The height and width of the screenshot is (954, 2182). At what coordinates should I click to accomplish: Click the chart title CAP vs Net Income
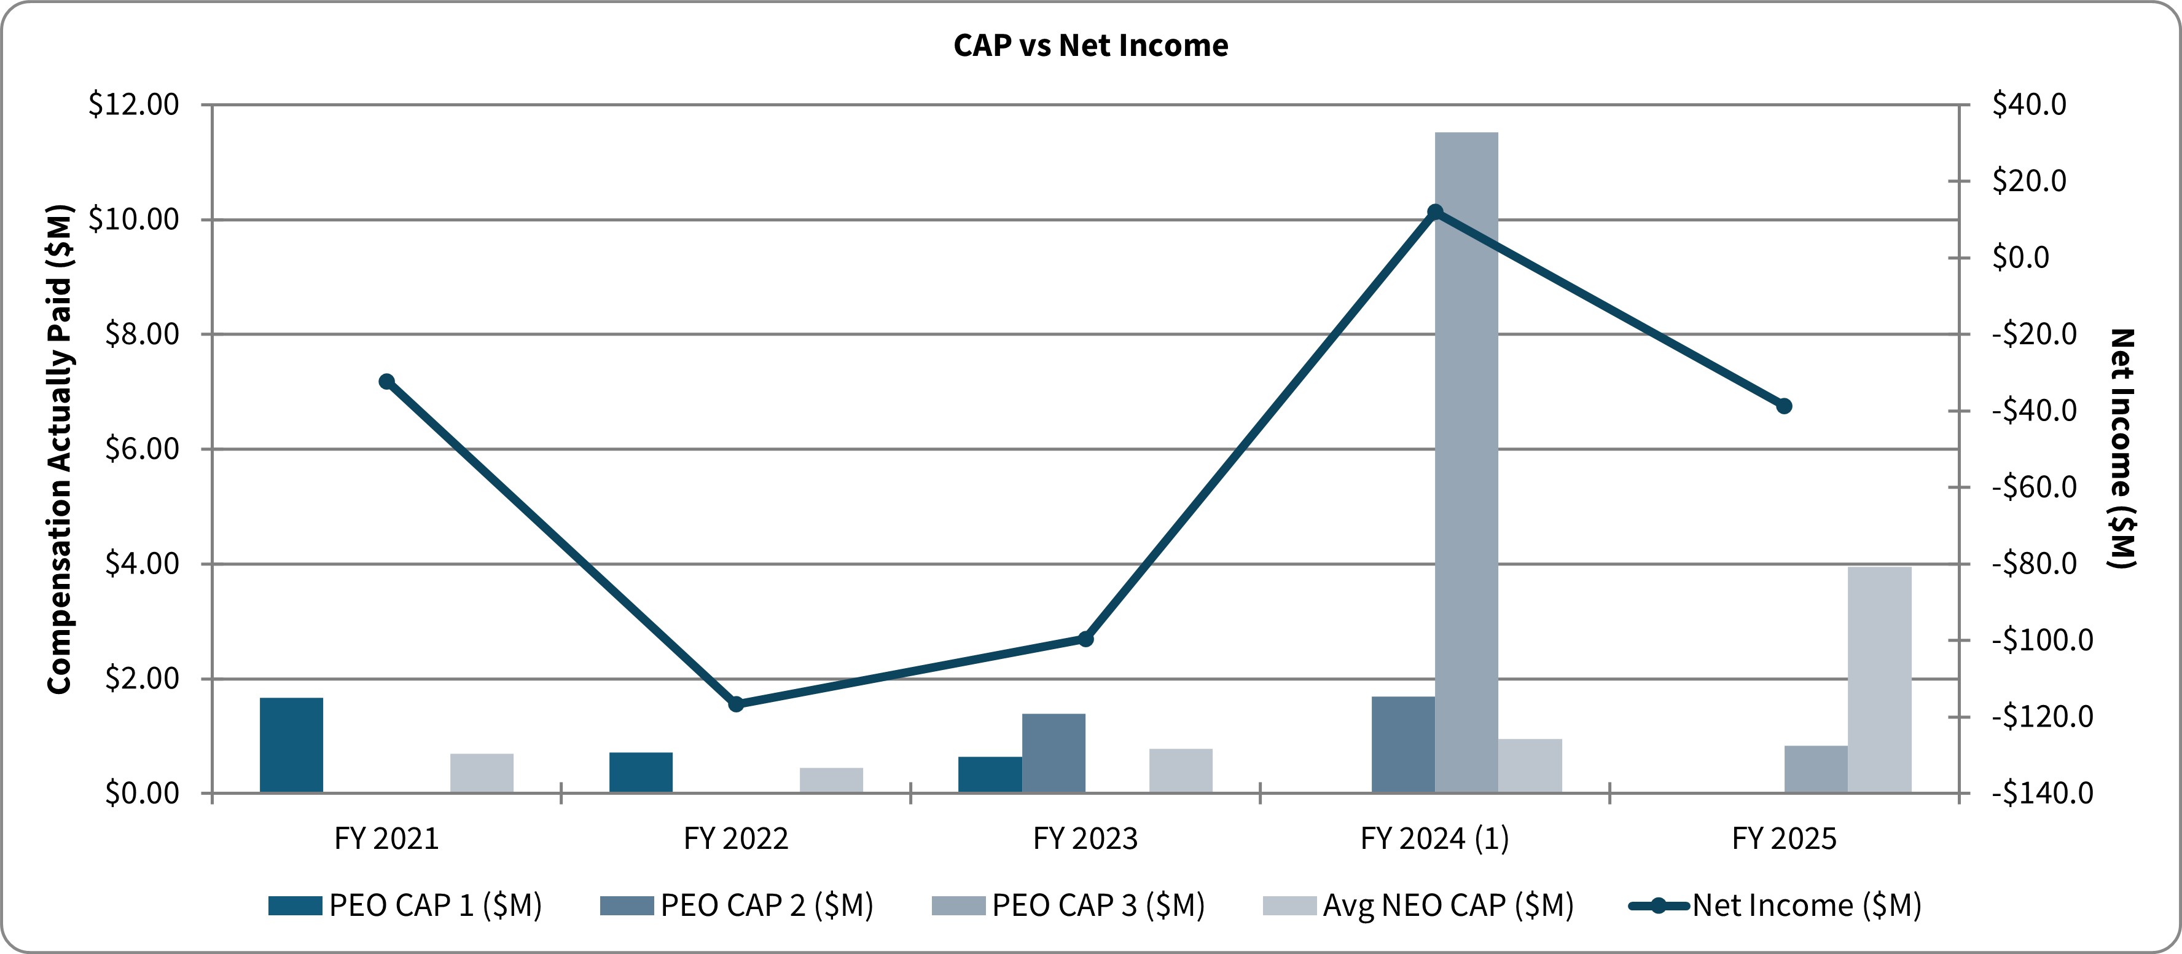pyautogui.click(x=1090, y=45)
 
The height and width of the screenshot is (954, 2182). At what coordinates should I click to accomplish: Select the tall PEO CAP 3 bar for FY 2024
pyautogui.click(x=1466, y=462)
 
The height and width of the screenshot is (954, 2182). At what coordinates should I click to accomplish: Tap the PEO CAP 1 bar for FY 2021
pyautogui.click(x=291, y=745)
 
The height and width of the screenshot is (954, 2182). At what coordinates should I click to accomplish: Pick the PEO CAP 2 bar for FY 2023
pyautogui.click(x=1053, y=753)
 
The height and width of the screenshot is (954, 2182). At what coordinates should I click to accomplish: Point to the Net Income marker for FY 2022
pyautogui.click(x=736, y=704)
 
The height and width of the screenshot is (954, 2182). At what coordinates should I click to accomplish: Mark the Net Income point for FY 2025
pyautogui.click(x=1784, y=406)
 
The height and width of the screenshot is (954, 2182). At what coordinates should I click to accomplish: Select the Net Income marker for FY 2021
pyautogui.click(x=386, y=381)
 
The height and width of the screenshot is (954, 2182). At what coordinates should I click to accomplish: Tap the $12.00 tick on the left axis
pyautogui.click(x=134, y=104)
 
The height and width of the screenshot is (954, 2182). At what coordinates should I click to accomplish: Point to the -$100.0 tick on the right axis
pyautogui.click(x=2041, y=640)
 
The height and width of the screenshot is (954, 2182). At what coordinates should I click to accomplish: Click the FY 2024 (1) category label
pyautogui.click(x=1434, y=839)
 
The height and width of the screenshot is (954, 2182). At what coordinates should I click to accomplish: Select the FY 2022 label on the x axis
pyautogui.click(x=735, y=839)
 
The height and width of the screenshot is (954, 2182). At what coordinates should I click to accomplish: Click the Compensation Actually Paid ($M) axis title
pyautogui.click(x=60, y=449)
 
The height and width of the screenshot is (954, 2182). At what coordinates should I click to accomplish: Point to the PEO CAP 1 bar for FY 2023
pyautogui.click(x=990, y=775)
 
